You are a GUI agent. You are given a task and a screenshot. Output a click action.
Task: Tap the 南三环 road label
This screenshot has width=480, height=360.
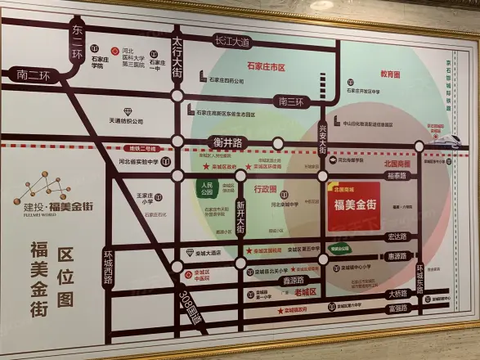[x=290, y=102]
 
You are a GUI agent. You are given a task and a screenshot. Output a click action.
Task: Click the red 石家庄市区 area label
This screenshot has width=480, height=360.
[x=267, y=66]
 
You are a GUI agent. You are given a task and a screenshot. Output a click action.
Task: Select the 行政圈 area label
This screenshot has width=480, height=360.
[x=266, y=188]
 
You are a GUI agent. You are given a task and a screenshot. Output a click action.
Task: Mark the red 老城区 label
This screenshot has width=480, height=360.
[x=304, y=293]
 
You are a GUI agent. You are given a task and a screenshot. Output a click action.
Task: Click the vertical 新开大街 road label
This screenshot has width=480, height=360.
[x=240, y=217]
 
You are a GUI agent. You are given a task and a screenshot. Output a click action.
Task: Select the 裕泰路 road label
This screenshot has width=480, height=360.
[x=397, y=175]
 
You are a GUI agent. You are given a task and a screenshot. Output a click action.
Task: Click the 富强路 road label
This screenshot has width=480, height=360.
[x=398, y=308]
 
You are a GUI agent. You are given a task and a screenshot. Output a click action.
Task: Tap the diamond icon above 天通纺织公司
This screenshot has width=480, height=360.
[x=127, y=110]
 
